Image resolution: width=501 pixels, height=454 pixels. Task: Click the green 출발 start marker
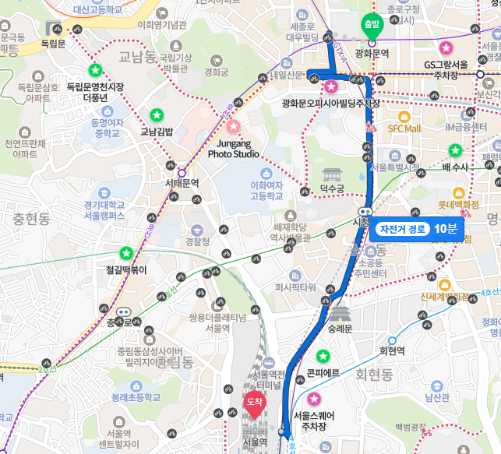(x=372, y=24)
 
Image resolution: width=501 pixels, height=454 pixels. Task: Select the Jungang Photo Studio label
(x=233, y=148)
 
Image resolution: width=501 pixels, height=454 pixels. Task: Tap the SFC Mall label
(x=404, y=128)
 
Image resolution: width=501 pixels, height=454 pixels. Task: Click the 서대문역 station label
(x=182, y=184)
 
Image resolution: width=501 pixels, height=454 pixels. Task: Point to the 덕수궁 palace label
(x=332, y=189)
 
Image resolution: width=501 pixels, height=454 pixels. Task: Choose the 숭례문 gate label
(x=340, y=329)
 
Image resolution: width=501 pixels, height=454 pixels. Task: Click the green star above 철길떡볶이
(x=126, y=253)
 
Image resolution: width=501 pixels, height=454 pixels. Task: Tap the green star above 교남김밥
(x=155, y=115)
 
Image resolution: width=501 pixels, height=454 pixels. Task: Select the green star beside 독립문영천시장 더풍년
(x=96, y=70)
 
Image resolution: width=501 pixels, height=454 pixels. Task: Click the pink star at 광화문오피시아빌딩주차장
(x=331, y=86)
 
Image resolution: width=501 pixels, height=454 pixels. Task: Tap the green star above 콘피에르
(x=323, y=356)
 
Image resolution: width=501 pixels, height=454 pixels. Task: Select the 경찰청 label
(x=198, y=242)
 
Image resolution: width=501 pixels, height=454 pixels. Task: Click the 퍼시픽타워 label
(x=295, y=287)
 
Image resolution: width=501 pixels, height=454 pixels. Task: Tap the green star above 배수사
(x=455, y=150)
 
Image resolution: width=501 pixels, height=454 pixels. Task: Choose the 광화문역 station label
(x=372, y=53)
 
